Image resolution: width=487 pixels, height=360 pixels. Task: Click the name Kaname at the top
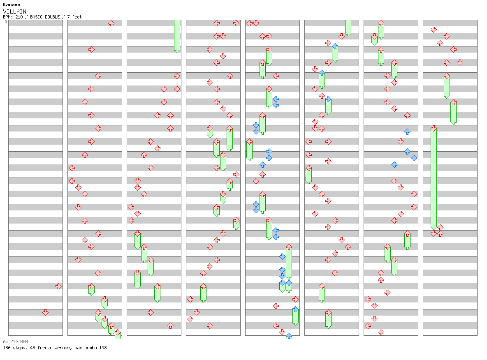click(x=11, y=5)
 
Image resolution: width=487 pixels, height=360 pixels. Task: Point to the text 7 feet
click(x=74, y=17)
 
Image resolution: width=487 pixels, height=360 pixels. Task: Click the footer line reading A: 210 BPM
click(x=15, y=342)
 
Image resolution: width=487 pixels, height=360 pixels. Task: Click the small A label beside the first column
click(x=6, y=22)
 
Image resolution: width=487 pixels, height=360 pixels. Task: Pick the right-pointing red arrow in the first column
click(x=58, y=286)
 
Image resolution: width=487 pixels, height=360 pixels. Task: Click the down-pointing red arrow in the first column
click(x=45, y=312)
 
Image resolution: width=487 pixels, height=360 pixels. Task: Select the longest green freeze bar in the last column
click(x=434, y=178)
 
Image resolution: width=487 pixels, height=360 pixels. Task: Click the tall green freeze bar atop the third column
click(x=177, y=35)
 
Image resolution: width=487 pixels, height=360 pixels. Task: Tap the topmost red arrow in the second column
click(x=111, y=23)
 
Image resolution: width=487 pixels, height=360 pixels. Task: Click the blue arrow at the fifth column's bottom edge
click(x=289, y=336)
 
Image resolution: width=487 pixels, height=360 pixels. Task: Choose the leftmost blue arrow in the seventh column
click(x=394, y=165)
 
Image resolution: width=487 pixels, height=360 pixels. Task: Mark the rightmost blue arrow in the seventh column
click(x=414, y=158)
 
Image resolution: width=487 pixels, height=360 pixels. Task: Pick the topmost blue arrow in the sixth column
click(x=335, y=46)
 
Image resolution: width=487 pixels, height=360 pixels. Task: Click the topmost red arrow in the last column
click(x=434, y=30)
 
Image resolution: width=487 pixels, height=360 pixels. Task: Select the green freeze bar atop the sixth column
click(x=348, y=27)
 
